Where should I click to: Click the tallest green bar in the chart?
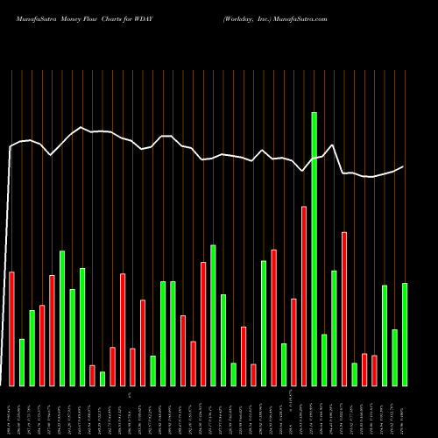pos(314,249)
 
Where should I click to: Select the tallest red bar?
pos(304,296)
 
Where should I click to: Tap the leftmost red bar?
pos(11,328)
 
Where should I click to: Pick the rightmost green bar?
pos(405,334)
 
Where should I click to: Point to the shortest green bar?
pos(102,378)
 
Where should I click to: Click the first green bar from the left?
pos(22,362)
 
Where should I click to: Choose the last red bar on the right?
pos(374,371)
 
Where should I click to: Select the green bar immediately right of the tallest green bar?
pos(324,360)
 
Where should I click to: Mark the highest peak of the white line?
pos(81,128)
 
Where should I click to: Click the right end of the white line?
pos(404,166)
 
